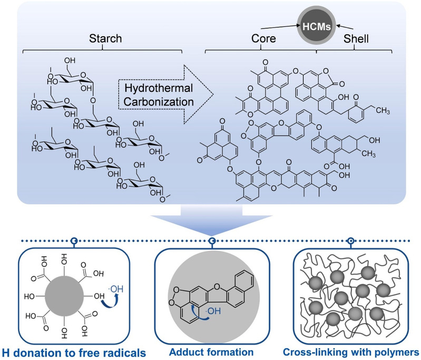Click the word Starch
pos(105,38)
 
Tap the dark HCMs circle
pos(317,26)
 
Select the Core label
pos(263,38)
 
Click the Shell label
pos(356,38)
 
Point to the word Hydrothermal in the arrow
pos(159,88)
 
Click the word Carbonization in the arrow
pos(159,102)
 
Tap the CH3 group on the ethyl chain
pos(383,110)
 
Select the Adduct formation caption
pos(211,352)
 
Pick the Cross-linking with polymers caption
pos(351,352)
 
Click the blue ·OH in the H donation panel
pos(117,289)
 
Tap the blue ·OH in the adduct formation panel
pos(214,311)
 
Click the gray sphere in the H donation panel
pos(64,297)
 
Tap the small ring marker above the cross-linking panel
pos(350,241)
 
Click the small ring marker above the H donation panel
pos(74,241)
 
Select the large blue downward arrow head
pos(212,225)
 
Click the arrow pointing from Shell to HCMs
pos(345,27)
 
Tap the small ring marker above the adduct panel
pos(212,241)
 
